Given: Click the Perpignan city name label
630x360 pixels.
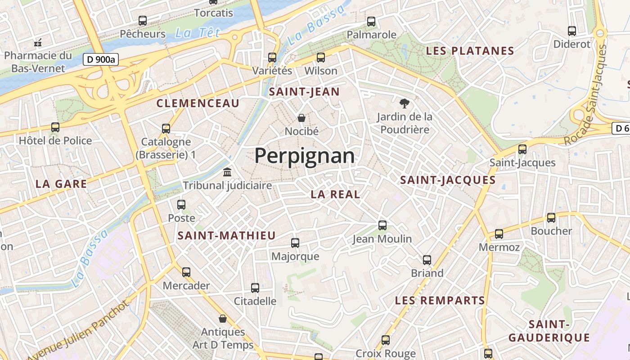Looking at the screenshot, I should (x=304, y=156).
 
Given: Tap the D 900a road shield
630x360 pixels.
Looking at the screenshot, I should (x=100, y=59).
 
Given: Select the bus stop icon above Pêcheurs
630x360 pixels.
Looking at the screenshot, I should (x=143, y=20).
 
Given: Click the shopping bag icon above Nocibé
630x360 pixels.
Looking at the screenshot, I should (x=301, y=118).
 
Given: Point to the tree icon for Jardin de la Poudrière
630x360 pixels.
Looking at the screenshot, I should (x=405, y=103).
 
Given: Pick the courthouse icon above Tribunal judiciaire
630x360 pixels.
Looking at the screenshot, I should (x=227, y=172).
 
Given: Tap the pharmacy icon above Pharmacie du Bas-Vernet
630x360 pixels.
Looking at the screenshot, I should (x=38, y=43).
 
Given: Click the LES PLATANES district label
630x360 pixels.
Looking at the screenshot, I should (x=470, y=51).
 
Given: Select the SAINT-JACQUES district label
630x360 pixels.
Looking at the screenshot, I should (x=448, y=180).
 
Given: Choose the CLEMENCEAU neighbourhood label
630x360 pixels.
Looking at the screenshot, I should (x=198, y=103).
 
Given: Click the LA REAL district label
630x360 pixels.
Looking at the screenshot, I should (x=335, y=194).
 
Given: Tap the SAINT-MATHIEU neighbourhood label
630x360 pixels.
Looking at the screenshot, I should (x=226, y=235).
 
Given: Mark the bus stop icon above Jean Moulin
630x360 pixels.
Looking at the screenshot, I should (x=382, y=225).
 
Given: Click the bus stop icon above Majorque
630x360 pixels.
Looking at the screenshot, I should (x=295, y=243).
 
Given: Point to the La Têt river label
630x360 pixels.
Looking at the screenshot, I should (x=198, y=33).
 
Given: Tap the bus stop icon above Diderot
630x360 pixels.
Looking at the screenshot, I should (x=571, y=31).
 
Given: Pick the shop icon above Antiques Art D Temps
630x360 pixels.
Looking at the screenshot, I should (x=222, y=319).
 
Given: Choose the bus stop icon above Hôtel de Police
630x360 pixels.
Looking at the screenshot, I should (x=55, y=127).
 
